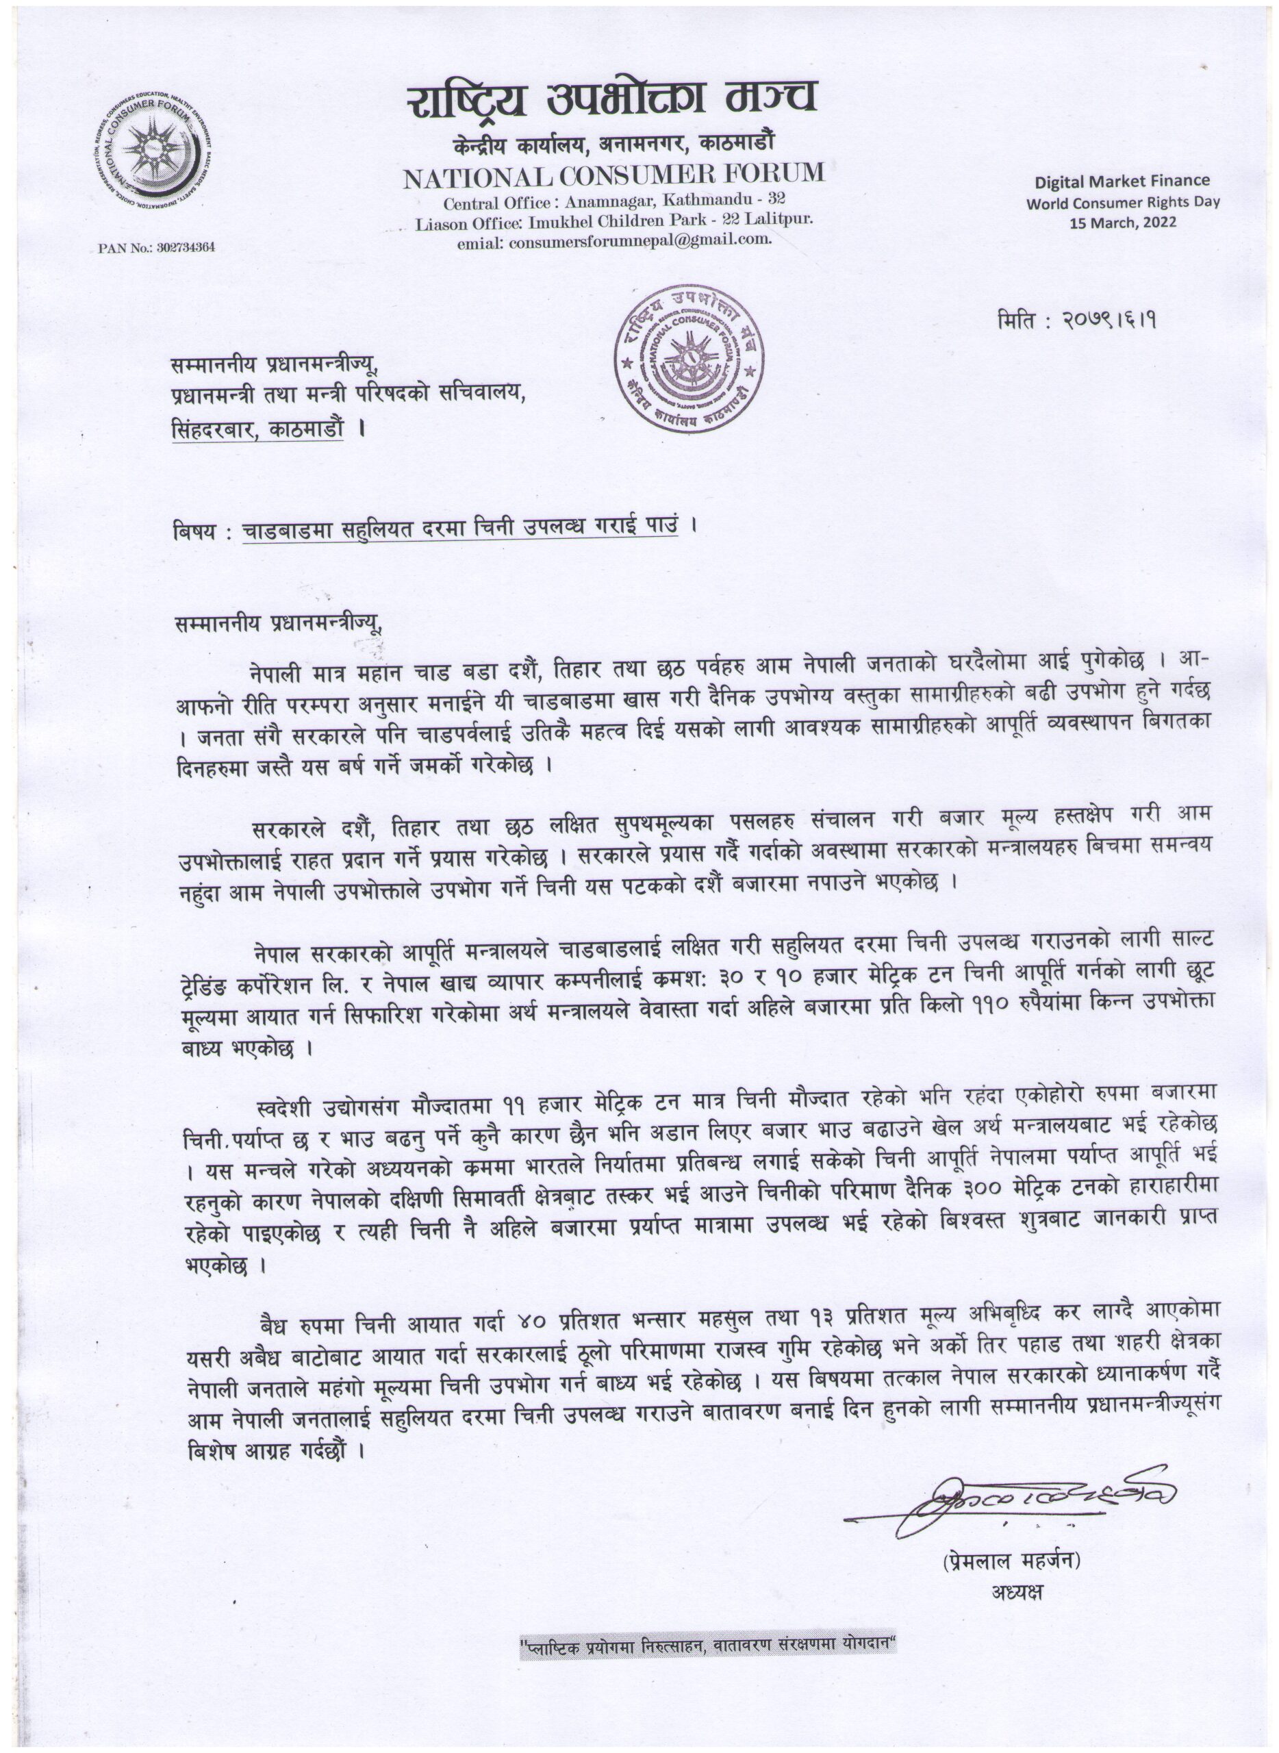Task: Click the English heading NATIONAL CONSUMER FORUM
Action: click(614, 176)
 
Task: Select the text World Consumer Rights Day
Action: click(1123, 203)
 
